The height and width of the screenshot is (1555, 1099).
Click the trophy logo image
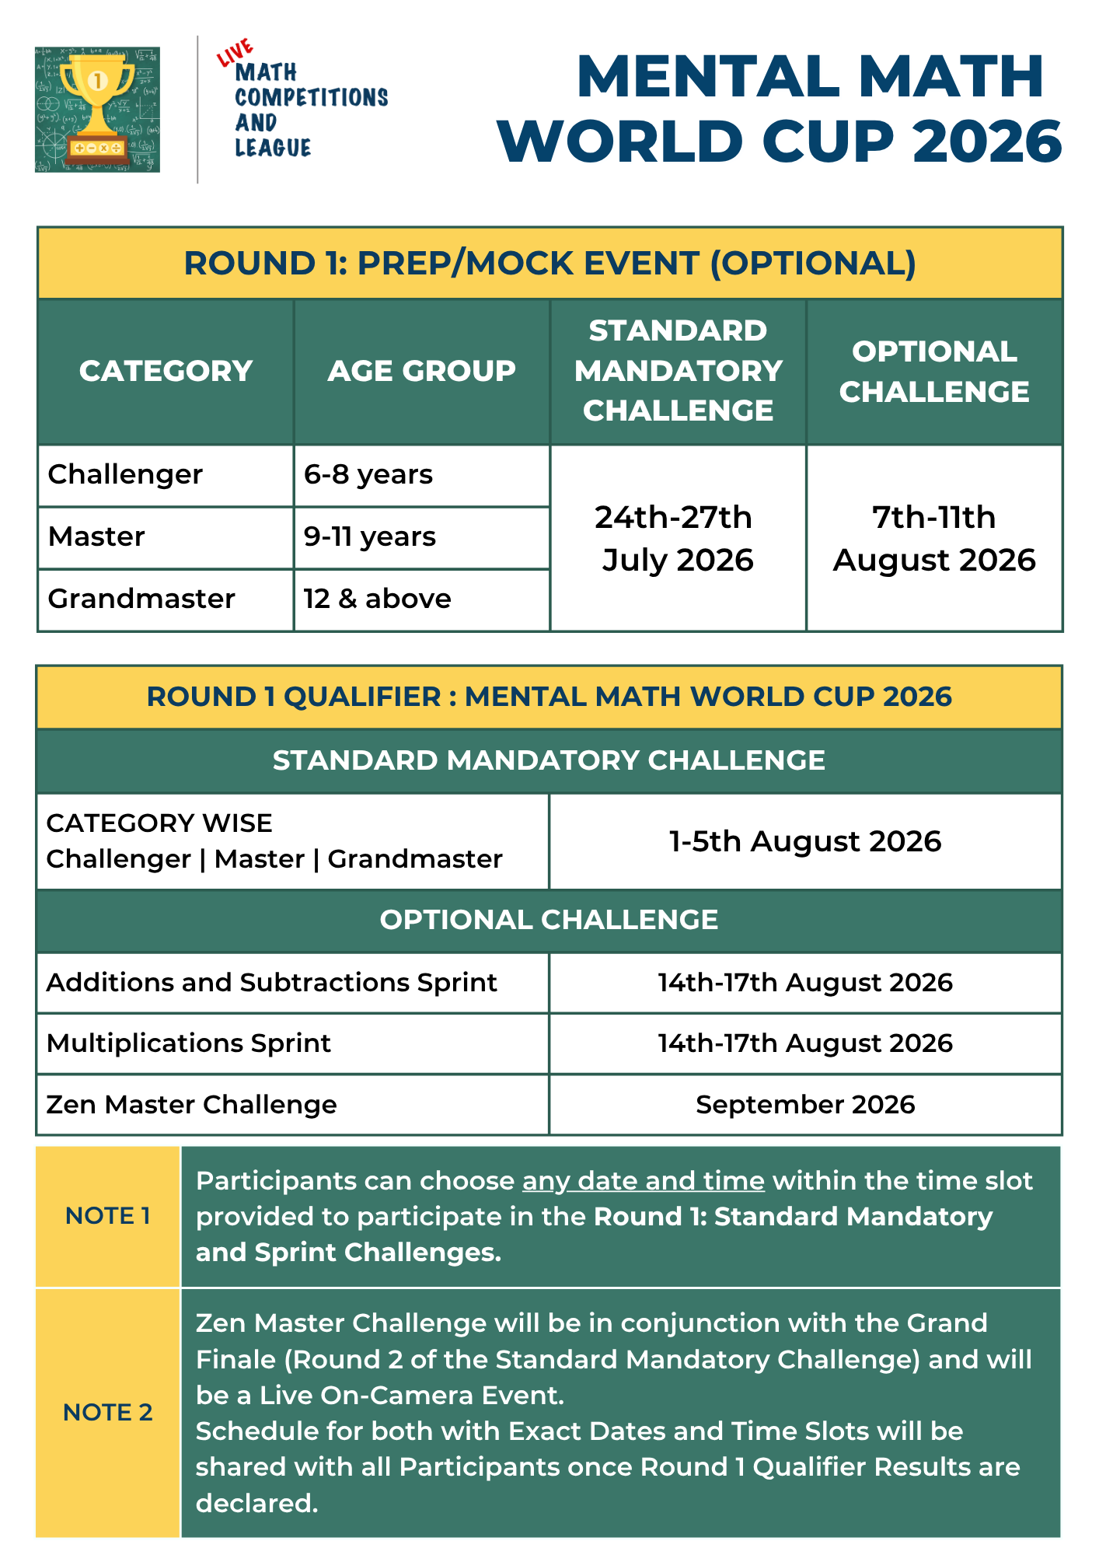[97, 109]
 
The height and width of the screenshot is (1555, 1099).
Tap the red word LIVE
[235, 52]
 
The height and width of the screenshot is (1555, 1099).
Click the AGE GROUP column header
[421, 371]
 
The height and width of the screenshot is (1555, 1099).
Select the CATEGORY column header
[166, 371]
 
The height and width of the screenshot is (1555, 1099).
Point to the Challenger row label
[125, 474]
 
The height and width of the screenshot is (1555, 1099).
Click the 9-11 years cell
[370, 536]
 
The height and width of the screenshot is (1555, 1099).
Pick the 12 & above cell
[377, 599]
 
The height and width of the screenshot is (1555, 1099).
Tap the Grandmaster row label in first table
[141, 599]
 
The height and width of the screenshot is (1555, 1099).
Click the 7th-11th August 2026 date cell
[934, 538]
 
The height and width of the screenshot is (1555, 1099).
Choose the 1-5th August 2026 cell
[805, 841]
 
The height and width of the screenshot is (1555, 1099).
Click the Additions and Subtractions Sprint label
[271, 983]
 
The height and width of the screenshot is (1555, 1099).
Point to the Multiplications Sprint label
[189, 1043]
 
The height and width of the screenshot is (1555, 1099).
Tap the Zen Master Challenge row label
[191, 1105]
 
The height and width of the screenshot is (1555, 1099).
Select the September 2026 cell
[805, 1105]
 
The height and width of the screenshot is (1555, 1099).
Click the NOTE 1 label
[108, 1216]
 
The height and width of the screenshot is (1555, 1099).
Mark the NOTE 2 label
[108, 1412]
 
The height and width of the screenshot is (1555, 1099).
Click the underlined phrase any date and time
[643, 1181]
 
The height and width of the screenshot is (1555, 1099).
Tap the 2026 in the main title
[987, 142]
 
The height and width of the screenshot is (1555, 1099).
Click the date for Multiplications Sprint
[805, 1043]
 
